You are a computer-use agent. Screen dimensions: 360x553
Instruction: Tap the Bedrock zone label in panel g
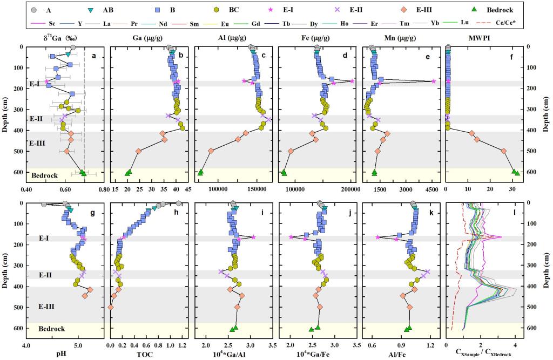(52, 329)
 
